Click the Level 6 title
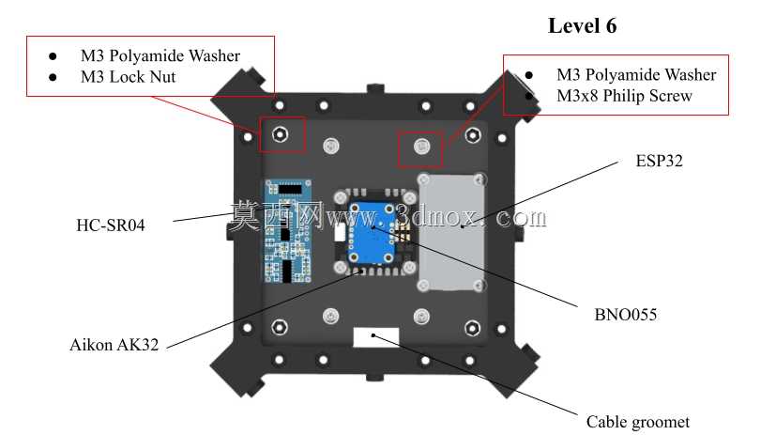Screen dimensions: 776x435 582,25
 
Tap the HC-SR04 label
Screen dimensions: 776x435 111,225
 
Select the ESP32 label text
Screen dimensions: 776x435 659,161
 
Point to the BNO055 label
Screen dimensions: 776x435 626,315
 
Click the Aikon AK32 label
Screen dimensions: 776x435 114,345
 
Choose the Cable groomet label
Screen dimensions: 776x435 637,422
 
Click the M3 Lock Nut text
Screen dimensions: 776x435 129,77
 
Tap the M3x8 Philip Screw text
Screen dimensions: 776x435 624,96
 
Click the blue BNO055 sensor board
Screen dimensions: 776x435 372,232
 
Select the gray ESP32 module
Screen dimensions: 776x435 450,232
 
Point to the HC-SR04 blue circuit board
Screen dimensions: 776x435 288,231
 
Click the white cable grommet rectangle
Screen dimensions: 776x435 376,337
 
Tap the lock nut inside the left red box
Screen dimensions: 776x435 281,133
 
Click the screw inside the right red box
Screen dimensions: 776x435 421,147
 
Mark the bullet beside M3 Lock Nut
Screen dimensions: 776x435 53,77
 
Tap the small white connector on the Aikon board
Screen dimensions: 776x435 340,232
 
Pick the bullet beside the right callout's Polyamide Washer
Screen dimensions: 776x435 529,75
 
